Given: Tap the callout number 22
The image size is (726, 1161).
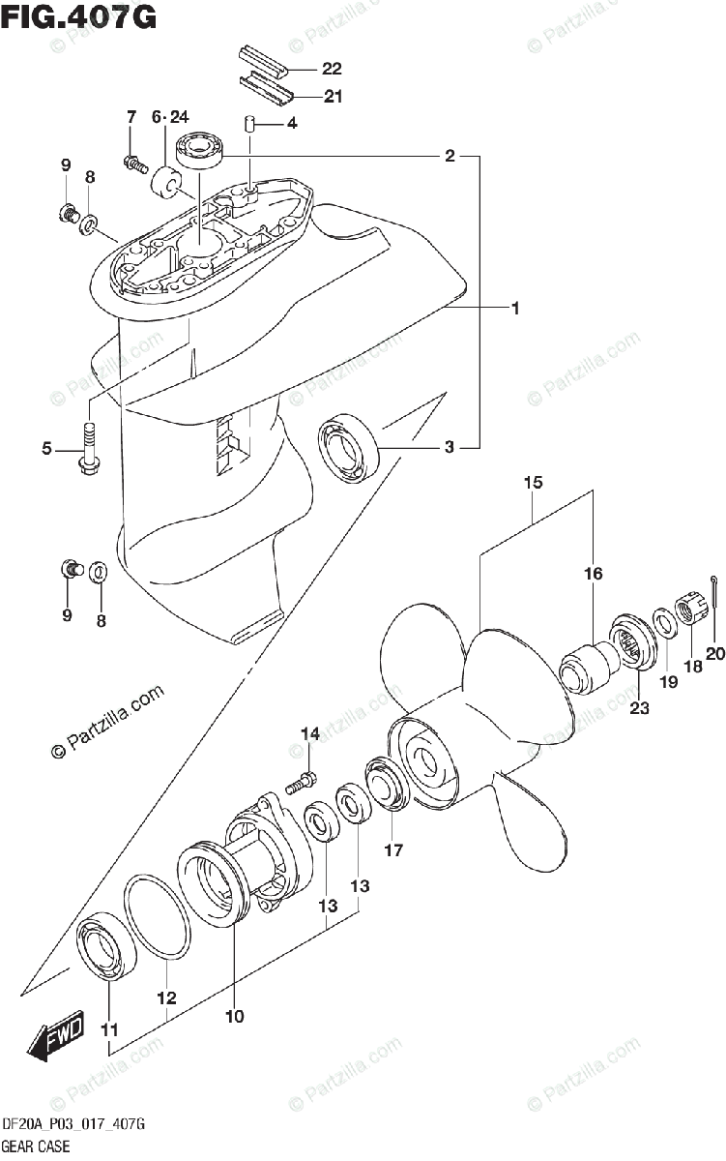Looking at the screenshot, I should point(332,69).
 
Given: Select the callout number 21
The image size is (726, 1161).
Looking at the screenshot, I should point(332,96).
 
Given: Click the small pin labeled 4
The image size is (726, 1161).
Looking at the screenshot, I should point(247,124).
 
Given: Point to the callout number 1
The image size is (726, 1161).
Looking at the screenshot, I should point(516,309).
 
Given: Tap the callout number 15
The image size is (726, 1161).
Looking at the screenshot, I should point(535,482).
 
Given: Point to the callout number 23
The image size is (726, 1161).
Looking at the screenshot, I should point(640,706).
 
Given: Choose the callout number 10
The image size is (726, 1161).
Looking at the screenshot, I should point(235,1016).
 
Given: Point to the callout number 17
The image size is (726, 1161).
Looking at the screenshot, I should point(392,850).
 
